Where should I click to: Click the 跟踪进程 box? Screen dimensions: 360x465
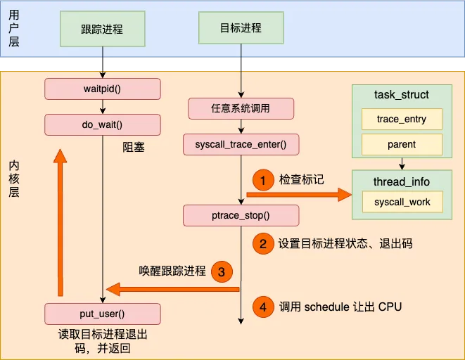coord(102,30)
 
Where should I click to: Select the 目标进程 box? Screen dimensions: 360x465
coord(241,28)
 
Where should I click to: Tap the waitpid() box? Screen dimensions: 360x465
coord(103,89)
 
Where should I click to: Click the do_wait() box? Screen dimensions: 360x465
coord(103,125)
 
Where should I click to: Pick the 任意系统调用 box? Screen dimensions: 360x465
coord(241,109)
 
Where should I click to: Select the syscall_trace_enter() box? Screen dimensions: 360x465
coord(241,145)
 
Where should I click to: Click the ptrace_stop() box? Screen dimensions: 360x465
coord(241,214)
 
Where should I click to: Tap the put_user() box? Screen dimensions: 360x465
coord(103,314)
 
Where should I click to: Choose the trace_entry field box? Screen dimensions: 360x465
coord(401,119)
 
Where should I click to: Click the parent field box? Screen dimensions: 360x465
coord(401,145)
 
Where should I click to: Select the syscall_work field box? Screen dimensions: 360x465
coord(401,202)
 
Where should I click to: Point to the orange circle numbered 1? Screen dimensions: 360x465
coord(262,180)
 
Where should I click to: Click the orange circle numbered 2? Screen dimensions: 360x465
coord(262,244)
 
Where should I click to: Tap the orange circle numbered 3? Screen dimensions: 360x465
coord(221,271)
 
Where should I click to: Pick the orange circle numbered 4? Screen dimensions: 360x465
coord(262,307)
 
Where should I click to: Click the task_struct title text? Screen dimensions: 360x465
coord(401,94)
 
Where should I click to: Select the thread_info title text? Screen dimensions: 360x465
coord(401,181)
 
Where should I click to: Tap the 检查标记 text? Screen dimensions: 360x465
coord(302,180)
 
